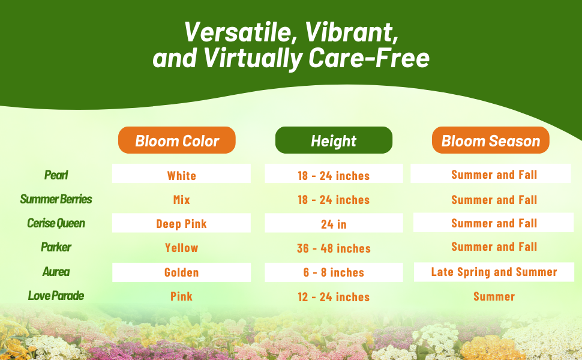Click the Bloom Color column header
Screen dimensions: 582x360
(176, 140)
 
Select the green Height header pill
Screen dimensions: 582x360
(334, 140)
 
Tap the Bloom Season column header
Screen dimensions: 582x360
(490, 140)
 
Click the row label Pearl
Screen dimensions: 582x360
(56, 175)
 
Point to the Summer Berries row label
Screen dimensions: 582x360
(56, 199)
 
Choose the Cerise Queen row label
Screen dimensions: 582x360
(56, 223)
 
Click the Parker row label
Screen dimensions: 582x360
(56, 247)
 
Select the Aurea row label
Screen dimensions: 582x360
(56, 272)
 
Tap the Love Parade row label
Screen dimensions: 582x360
(56, 296)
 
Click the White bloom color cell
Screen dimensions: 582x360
(182, 173)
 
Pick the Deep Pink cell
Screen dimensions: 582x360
(182, 223)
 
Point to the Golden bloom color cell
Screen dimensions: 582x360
(182, 272)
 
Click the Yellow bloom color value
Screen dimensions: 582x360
(182, 248)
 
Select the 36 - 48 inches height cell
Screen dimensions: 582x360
(334, 248)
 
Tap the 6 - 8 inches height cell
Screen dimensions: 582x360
(334, 272)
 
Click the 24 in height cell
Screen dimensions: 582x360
(334, 223)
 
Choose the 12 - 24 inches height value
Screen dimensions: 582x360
(334, 297)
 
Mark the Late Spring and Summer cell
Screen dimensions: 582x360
(494, 272)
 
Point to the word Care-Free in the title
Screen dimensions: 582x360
(369, 58)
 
